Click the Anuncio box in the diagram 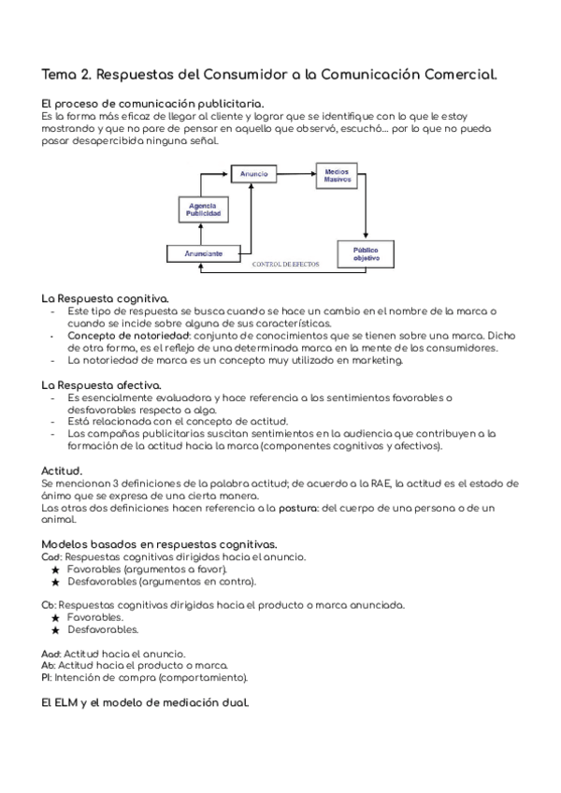point(253,174)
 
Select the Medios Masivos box point(337,177)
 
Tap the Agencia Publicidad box point(203,209)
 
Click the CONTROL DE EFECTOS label point(286,265)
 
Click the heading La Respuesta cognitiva point(105,297)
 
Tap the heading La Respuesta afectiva point(102,384)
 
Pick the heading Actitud point(63,470)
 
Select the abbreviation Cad point(51,556)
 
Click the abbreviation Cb point(49,605)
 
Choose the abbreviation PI point(47,676)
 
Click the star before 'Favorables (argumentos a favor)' point(56,569)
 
